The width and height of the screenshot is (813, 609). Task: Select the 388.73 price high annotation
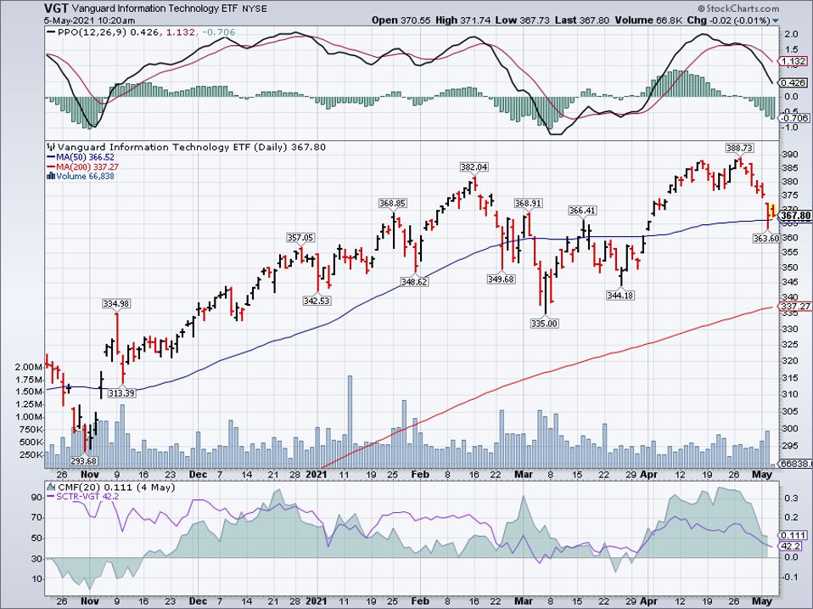tap(740, 148)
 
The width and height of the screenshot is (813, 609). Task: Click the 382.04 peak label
tap(475, 167)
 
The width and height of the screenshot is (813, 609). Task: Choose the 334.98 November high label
tap(115, 304)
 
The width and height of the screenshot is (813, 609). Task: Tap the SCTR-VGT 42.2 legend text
tap(86, 495)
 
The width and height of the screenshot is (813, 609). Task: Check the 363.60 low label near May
tap(765, 239)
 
